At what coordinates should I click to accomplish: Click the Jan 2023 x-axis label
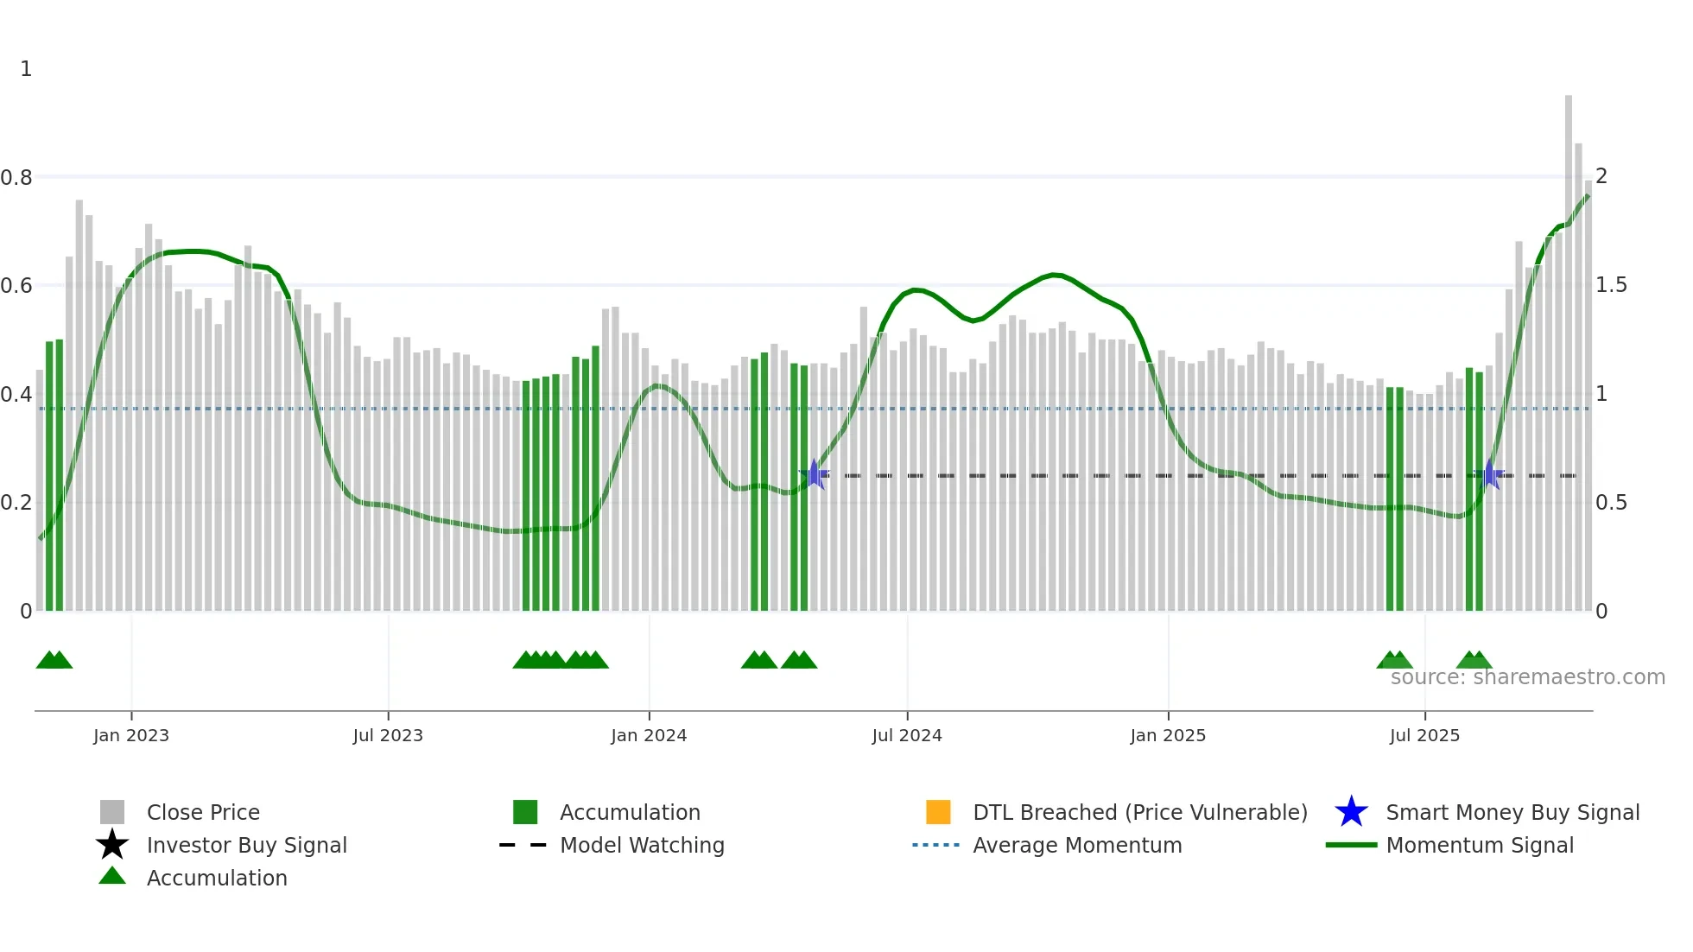[x=131, y=735]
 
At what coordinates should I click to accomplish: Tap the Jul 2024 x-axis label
[x=906, y=735]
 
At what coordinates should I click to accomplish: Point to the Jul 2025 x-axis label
[x=1424, y=735]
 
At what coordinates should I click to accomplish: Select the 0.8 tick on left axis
[x=16, y=178]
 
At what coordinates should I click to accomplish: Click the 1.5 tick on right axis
[x=1611, y=285]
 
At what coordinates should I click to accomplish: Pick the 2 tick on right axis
[x=1601, y=176]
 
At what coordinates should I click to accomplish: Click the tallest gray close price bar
[x=1568, y=346]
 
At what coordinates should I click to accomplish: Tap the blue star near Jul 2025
[x=1489, y=475]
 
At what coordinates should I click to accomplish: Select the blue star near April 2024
[x=814, y=474]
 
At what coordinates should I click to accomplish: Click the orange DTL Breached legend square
[x=938, y=812]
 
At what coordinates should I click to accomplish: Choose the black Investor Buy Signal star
[x=112, y=845]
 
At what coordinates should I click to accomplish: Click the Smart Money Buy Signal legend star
[x=1351, y=812]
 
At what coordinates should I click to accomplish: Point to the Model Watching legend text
[x=642, y=845]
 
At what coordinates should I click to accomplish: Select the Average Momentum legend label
[x=1077, y=845]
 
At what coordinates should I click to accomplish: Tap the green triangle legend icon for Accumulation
[x=112, y=876]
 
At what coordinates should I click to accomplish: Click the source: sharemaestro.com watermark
[x=1527, y=677]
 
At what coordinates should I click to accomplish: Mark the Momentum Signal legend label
[x=1480, y=845]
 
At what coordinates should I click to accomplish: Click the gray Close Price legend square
[x=112, y=812]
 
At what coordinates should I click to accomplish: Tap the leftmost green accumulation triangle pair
[x=54, y=661]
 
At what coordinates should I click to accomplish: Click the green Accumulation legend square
[x=525, y=812]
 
